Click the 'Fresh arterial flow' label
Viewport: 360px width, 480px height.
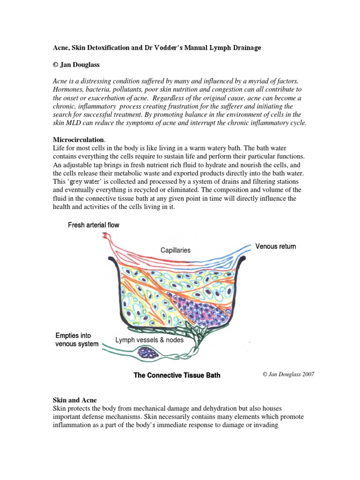pyautogui.click(x=94, y=225)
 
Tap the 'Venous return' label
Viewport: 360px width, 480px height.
pyautogui.click(x=275, y=247)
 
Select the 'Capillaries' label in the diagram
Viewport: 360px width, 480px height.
pyautogui.click(x=175, y=250)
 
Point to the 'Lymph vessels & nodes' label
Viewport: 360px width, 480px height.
pyautogui.click(x=149, y=340)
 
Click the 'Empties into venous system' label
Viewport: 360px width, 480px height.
pyautogui.click(x=77, y=340)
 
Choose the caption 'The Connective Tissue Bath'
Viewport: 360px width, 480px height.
pyautogui.click(x=177, y=375)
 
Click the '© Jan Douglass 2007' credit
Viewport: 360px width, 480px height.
pyautogui.click(x=288, y=375)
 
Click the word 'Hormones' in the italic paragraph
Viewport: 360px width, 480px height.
pyautogui.click(x=68, y=88)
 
